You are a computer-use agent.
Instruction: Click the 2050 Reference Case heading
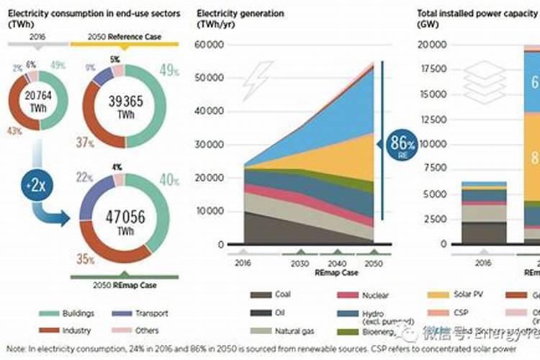coord(125,36)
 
